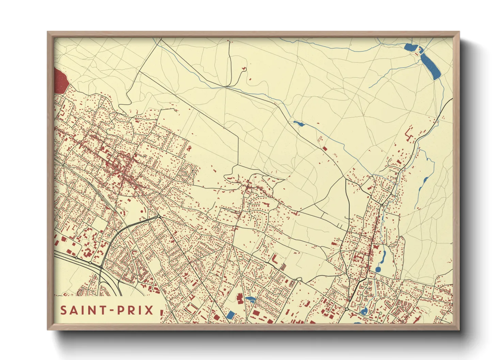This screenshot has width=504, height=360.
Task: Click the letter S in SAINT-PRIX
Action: [x=64, y=310]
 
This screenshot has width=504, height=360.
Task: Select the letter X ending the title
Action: [x=149, y=310]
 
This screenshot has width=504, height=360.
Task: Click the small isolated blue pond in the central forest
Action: [x=299, y=123]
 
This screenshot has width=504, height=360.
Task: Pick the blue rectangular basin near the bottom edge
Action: [x=231, y=315]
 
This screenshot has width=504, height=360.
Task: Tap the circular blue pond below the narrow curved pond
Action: [x=378, y=269]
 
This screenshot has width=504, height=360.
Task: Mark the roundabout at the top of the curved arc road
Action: [x=159, y=216]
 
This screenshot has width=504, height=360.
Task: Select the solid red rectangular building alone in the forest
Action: [x=325, y=149]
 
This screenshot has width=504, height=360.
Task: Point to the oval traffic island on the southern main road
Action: [x=299, y=279]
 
